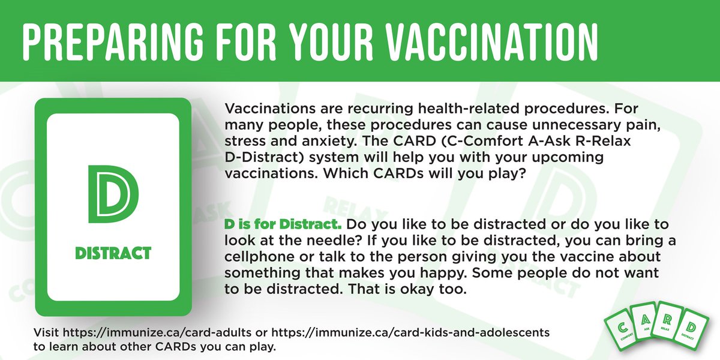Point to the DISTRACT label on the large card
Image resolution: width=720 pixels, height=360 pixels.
[x=113, y=253]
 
